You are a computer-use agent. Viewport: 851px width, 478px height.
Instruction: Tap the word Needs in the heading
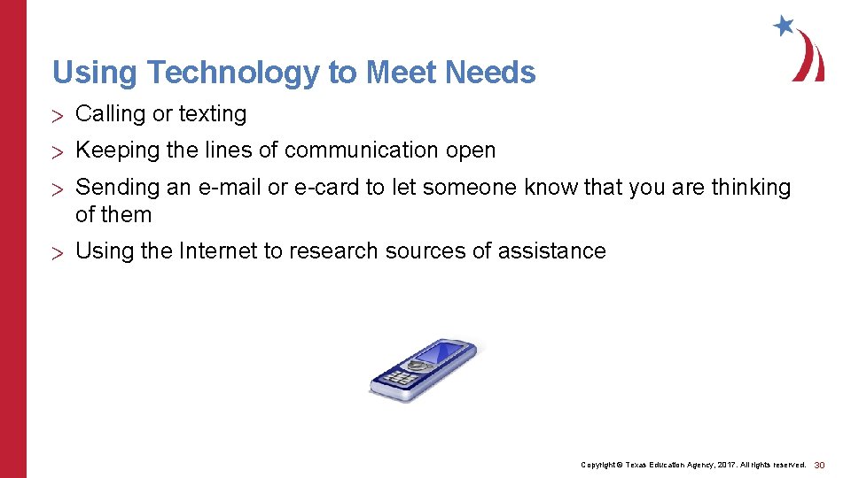tap(491, 72)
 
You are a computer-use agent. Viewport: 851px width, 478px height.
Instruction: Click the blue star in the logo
tap(784, 26)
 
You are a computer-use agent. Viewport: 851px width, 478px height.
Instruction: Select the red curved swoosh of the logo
tap(811, 58)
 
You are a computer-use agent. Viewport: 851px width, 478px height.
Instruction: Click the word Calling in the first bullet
tap(110, 114)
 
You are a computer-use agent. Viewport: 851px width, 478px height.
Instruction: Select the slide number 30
tap(819, 465)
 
